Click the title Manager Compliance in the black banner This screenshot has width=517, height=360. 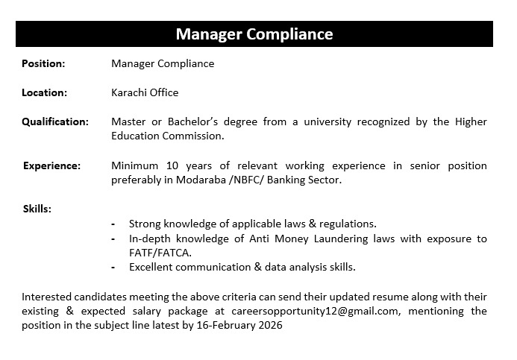[x=254, y=34]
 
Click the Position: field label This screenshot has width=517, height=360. [x=43, y=64]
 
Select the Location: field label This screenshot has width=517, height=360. [x=44, y=93]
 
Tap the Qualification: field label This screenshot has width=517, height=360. [x=54, y=121]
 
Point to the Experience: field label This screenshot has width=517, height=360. [x=51, y=165]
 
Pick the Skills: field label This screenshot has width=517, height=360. [x=37, y=209]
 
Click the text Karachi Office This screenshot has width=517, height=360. [x=145, y=93]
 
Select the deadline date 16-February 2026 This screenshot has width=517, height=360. [x=241, y=325]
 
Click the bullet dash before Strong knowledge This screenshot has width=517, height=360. [x=113, y=224]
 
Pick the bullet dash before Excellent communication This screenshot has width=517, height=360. [x=113, y=267]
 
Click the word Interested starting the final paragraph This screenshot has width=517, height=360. [x=46, y=296]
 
